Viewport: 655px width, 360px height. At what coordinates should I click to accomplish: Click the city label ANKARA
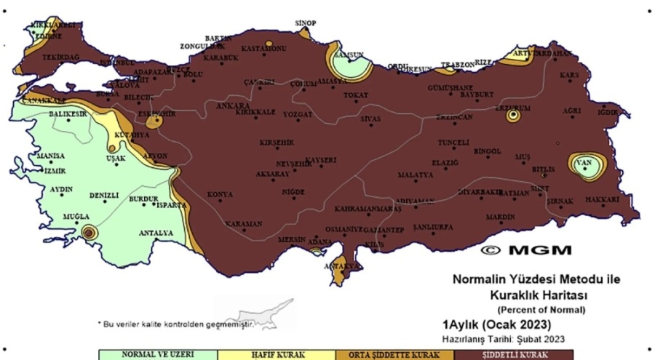coord(233,105)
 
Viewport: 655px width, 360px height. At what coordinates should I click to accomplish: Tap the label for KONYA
coord(220,194)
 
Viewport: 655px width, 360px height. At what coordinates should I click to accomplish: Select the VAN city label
coord(583,162)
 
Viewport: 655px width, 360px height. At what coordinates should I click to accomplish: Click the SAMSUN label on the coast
coord(348,55)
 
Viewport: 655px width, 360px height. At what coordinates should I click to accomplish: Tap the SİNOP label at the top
coord(306,23)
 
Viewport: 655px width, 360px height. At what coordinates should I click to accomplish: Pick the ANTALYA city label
coord(156,233)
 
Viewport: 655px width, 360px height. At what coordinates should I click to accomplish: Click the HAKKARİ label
coord(601,199)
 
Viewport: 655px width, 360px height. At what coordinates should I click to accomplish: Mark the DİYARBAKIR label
coord(480,191)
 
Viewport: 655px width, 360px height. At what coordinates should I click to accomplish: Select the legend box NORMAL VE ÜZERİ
coord(158,356)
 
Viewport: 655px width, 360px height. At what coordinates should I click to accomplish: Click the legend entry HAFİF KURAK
coord(277,356)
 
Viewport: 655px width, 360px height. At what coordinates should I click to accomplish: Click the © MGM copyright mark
coord(526,249)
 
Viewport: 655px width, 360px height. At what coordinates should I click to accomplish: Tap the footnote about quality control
coord(175,323)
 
